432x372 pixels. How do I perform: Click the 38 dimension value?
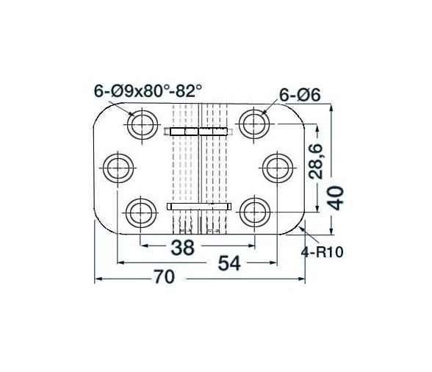pyautogui.click(x=183, y=247)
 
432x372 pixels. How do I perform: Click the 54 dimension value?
pyautogui.click(x=230, y=262)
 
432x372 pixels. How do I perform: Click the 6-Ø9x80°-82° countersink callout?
pyautogui.click(x=148, y=90)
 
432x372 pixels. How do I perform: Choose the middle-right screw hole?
pyautogui.click(x=278, y=168)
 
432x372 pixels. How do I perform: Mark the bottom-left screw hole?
pyautogui.click(x=140, y=213)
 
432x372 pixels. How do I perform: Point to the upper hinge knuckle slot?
pyautogui.click(x=199, y=132)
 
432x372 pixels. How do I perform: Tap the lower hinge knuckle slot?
pyautogui.click(x=199, y=207)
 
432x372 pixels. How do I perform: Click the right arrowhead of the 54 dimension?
pyautogui.click(x=273, y=262)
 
